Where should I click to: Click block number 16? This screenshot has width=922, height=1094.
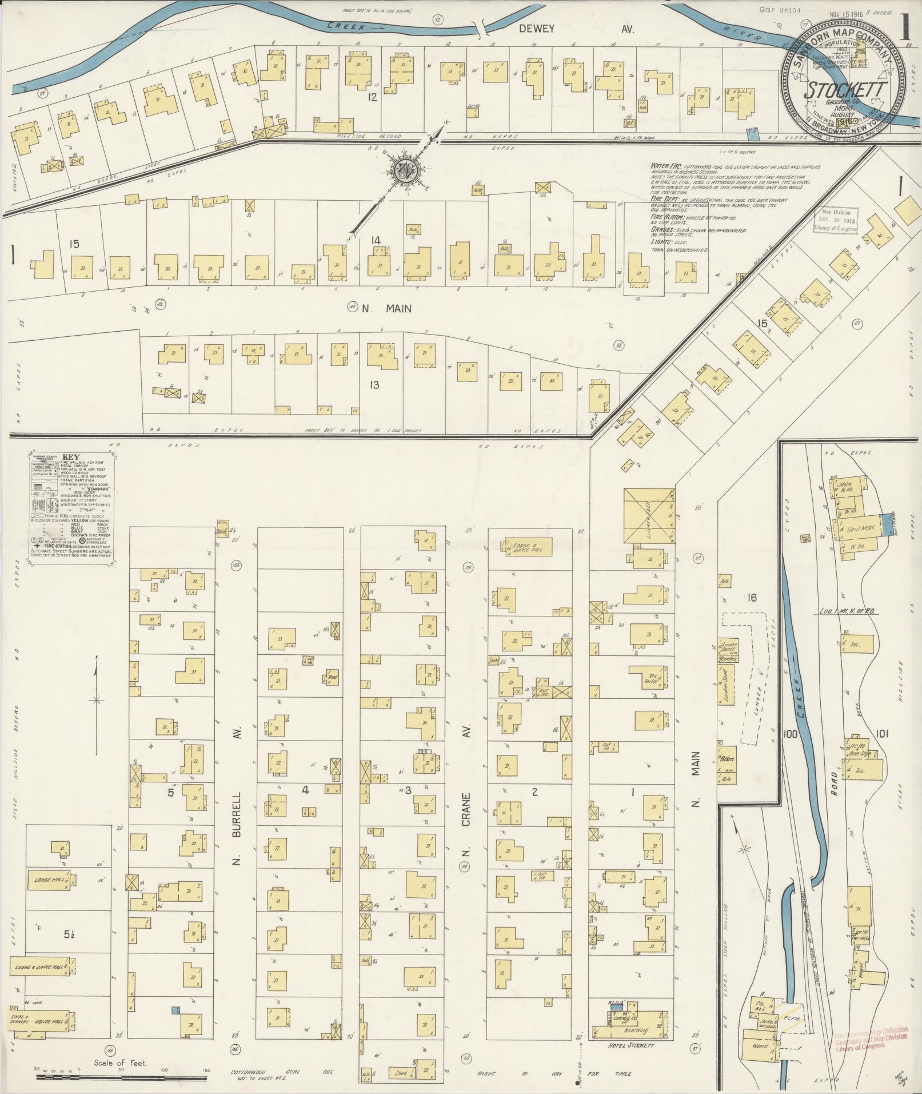[x=752, y=598]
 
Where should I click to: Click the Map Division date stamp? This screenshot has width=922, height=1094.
[x=836, y=220]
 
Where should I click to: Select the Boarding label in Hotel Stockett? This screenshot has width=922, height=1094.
[x=636, y=1031]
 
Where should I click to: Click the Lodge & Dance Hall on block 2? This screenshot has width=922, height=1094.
[x=530, y=547]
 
